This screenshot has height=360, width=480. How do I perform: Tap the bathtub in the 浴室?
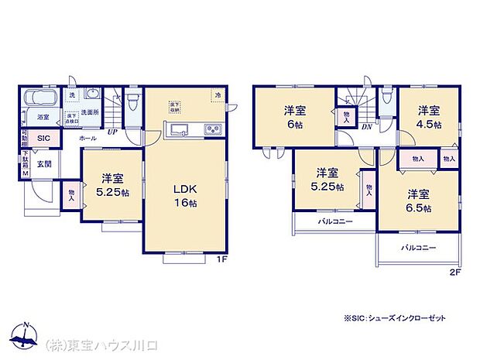pos(37,99)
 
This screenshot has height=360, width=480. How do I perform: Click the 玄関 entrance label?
pos(43,163)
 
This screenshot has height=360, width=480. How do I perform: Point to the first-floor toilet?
pos(133,101)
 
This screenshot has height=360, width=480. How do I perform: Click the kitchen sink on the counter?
pos(177,129)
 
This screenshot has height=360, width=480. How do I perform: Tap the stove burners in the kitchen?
pos(213,129)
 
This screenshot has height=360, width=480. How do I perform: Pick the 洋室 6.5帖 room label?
pos(420,200)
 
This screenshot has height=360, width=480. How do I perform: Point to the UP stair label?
pos(113,132)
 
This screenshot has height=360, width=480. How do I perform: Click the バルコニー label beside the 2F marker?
pos(418,248)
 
